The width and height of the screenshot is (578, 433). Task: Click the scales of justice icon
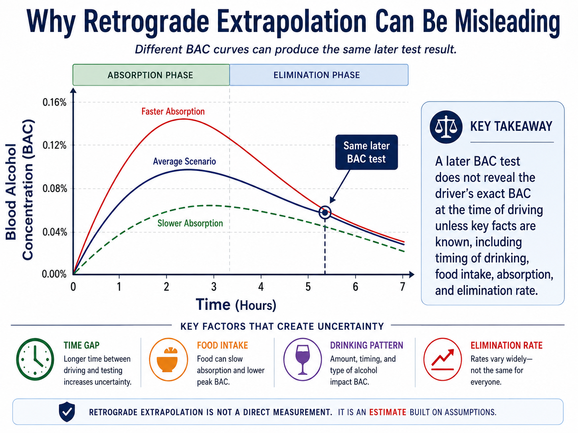[x=446, y=127]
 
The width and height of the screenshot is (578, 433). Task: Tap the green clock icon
[x=35, y=359]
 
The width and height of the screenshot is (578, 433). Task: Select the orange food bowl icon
[x=168, y=359]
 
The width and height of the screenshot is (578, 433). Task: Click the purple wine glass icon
[x=303, y=359]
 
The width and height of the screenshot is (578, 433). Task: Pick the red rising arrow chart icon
[x=443, y=359]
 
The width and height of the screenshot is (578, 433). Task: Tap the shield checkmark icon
[x=67, y=412]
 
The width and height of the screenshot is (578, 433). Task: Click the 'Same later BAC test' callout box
[x=366, y=152]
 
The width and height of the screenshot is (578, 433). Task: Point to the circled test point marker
[x=325, y=212]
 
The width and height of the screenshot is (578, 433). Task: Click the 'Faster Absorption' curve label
[x=173, y=112]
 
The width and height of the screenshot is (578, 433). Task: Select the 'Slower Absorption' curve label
[x=190, y=223]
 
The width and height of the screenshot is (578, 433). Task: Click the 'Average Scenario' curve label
[x=184, y=161]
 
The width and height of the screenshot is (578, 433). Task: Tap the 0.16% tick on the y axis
[x=55, y=102]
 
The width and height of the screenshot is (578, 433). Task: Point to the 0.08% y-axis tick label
[x=55, y=189]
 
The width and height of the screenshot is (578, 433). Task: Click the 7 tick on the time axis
[x=402, y=287]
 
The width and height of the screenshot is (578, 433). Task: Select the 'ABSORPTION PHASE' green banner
[x=151, y=75]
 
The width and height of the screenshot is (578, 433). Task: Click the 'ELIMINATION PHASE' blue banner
[x=319, y=75]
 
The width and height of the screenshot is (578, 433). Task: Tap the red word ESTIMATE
[x=388, y=412]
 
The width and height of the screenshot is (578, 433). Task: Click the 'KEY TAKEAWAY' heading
[x=511, y=126]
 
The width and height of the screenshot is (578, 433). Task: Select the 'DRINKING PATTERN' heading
[x=366, y=345]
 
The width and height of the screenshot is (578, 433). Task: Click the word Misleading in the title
[x=507, y=22]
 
